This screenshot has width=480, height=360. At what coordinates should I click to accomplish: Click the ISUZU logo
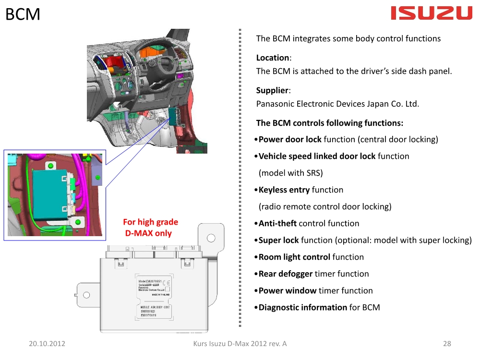pyautogui.click(x=432, y=13)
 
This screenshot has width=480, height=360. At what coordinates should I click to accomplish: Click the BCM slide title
pyautogui.click(x=23, y=14)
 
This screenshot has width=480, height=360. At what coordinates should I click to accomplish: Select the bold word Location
pyautogui.click(x=273, y=58)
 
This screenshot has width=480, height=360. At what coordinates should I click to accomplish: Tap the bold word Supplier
pyautogui.click(x=272, y=90)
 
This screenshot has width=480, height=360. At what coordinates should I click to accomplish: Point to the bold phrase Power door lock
pyautogui.click(x=290, y=140)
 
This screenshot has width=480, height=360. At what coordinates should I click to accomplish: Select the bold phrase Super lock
pyautogui.click(x=278, y=240)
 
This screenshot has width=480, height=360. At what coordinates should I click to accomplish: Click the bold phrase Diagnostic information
pyautogui.click(x=302, y=308)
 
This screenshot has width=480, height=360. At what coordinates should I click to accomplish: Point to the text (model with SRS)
pyautogui.click(x=290, y=173)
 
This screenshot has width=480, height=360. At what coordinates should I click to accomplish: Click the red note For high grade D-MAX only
pyautogui.click(x=150, y=228)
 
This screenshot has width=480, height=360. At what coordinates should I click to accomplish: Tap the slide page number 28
pyautogui.click(x=447, y=344)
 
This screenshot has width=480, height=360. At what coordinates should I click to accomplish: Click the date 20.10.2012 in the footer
pyautogui.click(x=47, y=344)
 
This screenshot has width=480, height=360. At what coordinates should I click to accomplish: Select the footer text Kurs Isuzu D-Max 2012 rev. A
pyautogui.click(x=240, y=344)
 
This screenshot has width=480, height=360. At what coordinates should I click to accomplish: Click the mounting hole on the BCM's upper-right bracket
pyautogui.click(x=210, y=238)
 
